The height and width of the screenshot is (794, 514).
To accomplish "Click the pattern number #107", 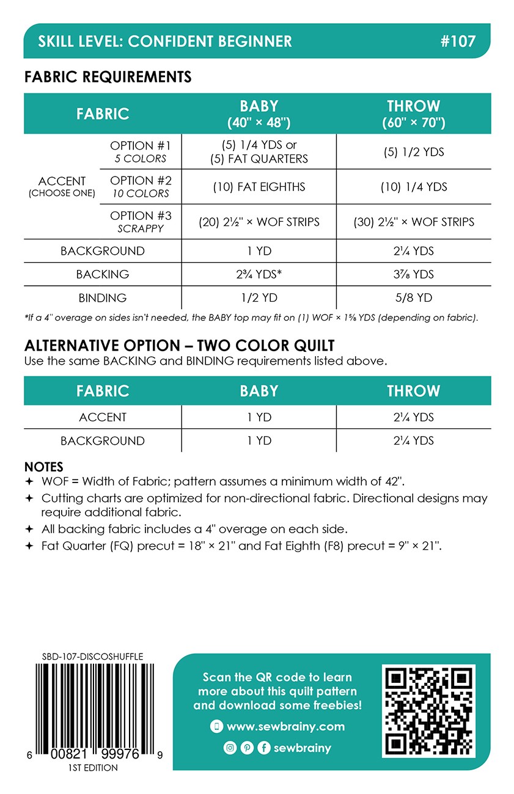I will click(x=457, y=42).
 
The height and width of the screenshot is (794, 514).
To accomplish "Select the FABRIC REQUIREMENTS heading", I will click(x=108, y=77).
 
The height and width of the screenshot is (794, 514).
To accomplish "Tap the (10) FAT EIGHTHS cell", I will click(x=259, y=187).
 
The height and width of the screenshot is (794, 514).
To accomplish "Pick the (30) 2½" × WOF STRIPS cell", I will click(x=414, y=222).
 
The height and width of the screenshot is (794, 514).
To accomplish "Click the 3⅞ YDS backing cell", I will click(x=414, y=274).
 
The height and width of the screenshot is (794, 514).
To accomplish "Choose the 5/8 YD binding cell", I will click(x=414, y=298).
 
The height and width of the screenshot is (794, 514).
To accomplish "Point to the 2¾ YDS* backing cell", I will click(x=259, y=274).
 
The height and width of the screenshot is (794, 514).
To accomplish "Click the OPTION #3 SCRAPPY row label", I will click(x=140, y=222).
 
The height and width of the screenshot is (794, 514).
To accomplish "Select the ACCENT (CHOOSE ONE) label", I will click(x=62, y=186).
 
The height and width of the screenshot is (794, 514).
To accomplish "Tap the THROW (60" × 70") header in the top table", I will click(x=414, y=114).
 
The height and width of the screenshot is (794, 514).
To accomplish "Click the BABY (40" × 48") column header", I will click(x=259, y=114).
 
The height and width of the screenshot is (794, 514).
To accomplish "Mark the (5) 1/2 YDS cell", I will click(x=414, y=152).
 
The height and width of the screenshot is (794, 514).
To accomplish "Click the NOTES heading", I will click(x=43, y=467).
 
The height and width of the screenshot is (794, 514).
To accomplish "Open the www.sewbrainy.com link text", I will click(x=285, y=727).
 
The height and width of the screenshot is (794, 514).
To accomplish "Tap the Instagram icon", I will click(x=230, y=748).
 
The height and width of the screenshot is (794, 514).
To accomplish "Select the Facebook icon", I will click(x=264, y=748).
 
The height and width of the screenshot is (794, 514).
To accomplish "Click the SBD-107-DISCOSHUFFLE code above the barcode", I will click(x=93, y=657).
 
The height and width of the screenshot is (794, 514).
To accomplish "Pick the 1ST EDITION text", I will click(x=94, y=768).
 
